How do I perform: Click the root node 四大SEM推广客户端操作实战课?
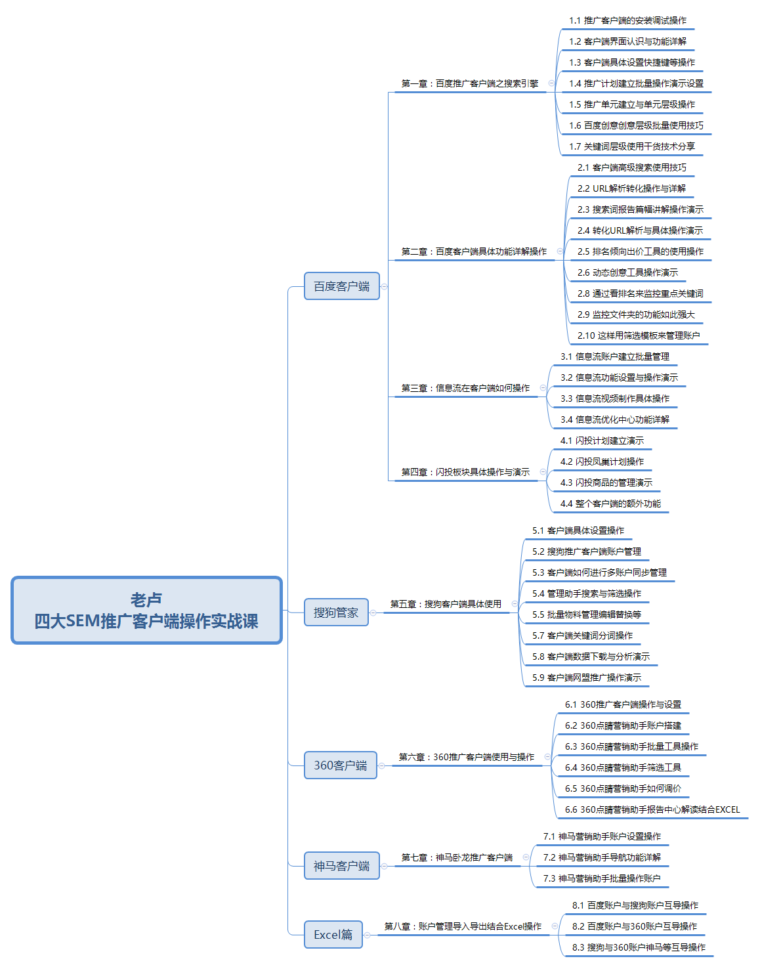(x=146, y=611)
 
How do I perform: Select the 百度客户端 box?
(x=341, y=286)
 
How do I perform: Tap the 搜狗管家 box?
(x=336, y=612)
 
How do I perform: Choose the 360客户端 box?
(x=341, y=765)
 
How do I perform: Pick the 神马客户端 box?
(x=341, y=865)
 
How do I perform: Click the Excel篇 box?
(x=333, y=934)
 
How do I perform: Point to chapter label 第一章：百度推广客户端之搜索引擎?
(x=469, y=83)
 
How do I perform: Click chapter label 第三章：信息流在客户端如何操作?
(x=465, y=388)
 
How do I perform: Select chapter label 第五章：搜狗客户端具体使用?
(x=446, y=604)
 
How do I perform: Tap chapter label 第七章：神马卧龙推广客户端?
(x=457, y=857)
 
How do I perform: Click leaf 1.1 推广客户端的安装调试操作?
(x=627, y=20)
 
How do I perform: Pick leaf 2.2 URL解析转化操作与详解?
(x=631, y=188)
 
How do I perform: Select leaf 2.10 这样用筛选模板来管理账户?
(x=639, y=335)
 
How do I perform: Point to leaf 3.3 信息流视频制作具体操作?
(x=615, y=398)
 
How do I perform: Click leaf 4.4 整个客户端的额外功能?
(x=610, y=504)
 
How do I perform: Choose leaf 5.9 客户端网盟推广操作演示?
(x=587, y=677)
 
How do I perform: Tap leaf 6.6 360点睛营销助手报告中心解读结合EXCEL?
(x=652, y=809)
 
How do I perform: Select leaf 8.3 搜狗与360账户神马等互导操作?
(x=639, y=947)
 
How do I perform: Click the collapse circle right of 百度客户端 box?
(x=384, y=286)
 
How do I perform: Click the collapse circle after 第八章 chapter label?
(x=555, y=926)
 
